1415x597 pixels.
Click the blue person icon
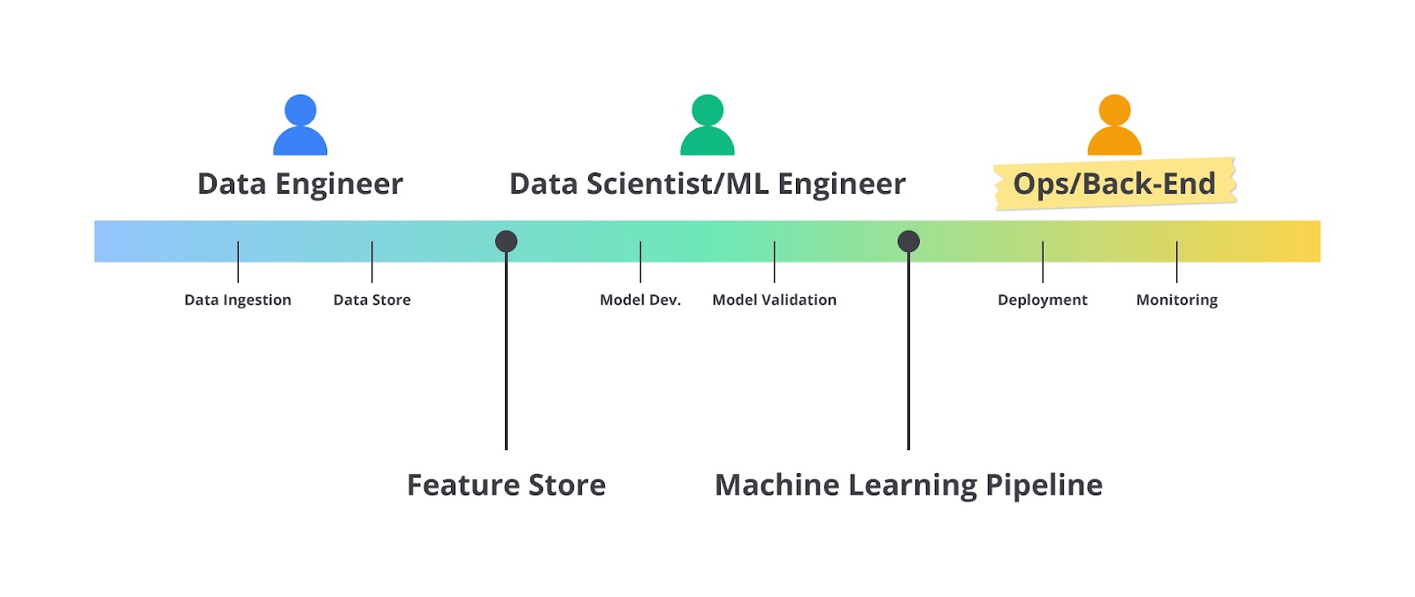click(x=301, y=126)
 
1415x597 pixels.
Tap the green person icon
click(x=707, y=126)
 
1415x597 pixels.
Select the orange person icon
click(x=1114, y=126)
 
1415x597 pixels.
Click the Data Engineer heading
click(x=300, y=184)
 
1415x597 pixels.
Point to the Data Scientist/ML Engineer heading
click(x=707, y=184)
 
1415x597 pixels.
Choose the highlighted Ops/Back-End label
click(x=1114, y=184)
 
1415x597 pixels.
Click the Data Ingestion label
click(x=238, y=300)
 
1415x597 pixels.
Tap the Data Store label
click(x=372, y=300)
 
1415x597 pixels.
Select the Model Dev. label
click(x=640, y=300)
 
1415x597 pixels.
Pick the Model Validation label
click(x=775, y=300)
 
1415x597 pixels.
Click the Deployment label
click(x=1043, y=300)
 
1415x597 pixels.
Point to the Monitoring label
click(x=1177, y=300)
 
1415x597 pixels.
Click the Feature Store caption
click(x=506, y=485)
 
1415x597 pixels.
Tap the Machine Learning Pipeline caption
click(x=908, y=485)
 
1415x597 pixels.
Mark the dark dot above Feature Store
click(x=506, y=241)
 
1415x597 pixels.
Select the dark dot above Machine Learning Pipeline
click(x=908, y=241)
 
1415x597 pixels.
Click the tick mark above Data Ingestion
click(x=238, y=262)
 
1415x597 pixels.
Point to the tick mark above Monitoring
click(x=1177, y=262)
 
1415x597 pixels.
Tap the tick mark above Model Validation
click(x=775, y=262)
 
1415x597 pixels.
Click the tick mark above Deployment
click(x=1043, y=262)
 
